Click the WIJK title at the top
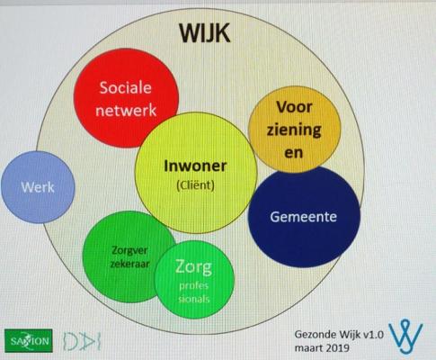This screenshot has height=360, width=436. tap(205, 32)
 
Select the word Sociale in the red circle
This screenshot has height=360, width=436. tap(126, 87)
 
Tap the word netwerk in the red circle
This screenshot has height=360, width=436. tap(126, 110)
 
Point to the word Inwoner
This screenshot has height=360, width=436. tap(195, 166)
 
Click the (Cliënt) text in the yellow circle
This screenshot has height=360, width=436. tap(195, 185)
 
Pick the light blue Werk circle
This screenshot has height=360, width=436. tap(38, 187)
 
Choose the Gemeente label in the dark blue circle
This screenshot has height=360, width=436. tap(303, 217)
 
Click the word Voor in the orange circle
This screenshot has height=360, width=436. tap(294, 107)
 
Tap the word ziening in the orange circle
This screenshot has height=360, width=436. tap(294, 130)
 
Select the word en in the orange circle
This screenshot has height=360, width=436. tap(294, 153)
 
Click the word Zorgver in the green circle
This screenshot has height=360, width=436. tap(129, 250)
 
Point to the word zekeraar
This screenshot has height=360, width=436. tap(129, 264)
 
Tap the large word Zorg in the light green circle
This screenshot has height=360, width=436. tap(193, 267)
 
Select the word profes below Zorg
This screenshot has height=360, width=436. tap(193, 286)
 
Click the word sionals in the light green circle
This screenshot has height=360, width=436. tap(193, 299)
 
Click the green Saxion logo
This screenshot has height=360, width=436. tap(29, 340)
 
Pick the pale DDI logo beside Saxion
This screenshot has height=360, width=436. tap(82, 341)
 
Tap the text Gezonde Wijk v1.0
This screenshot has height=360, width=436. tap(339, 334)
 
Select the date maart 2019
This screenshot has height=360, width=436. tap(322, 348)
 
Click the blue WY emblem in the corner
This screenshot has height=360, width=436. tap(406, 337)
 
